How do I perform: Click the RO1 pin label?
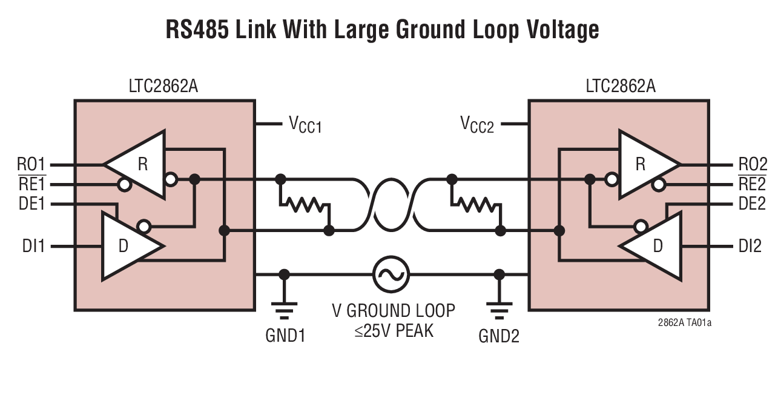click(31, 164)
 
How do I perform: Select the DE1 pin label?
click(31, 204)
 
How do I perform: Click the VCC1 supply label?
click(305, 125)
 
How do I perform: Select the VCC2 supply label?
click(477, 125)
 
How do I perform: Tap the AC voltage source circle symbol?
click(391, 274)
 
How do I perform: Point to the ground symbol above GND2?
click(499, 310)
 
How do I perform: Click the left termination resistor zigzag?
click(306, 205)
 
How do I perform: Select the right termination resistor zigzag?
click(477, 205)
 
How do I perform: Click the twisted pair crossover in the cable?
click(391, 205)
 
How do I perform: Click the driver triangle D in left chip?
click(128, 246)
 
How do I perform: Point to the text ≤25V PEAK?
click(394, 331)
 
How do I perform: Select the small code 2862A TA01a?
click(684, 322)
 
